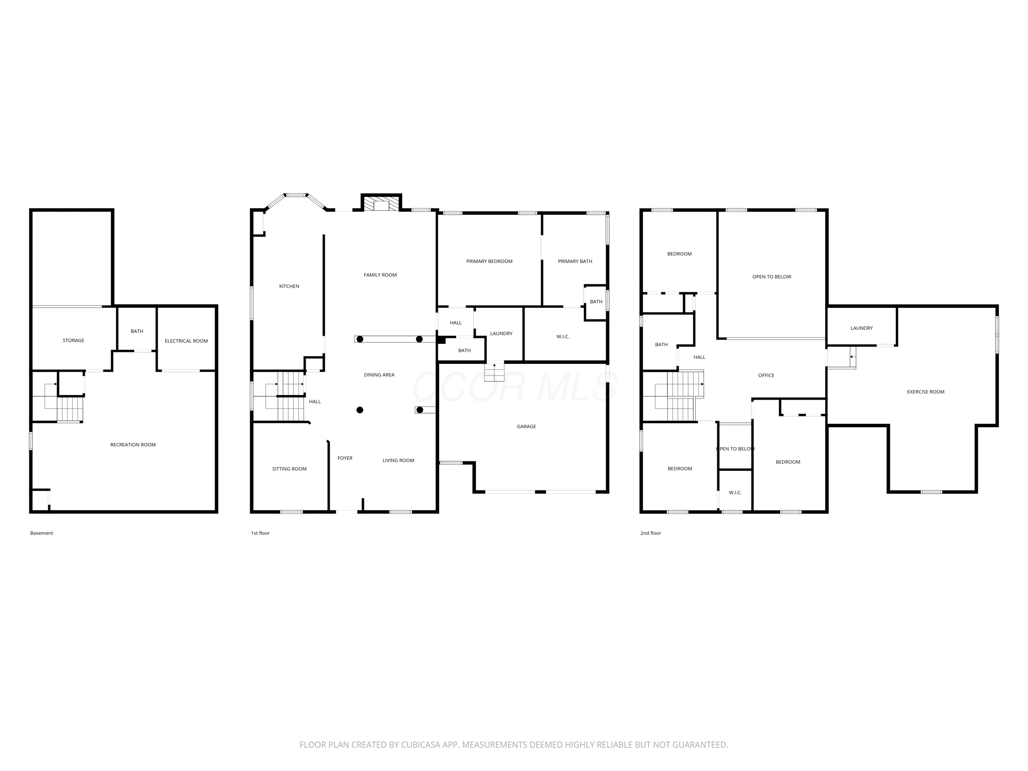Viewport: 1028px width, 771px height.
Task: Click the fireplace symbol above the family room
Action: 381,204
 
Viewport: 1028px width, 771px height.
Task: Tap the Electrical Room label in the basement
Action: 186,341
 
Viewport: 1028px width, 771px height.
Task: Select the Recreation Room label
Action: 133,445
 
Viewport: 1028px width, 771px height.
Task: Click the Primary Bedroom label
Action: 489,261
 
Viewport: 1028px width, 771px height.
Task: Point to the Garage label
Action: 527,427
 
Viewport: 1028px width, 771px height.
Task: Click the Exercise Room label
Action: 926,392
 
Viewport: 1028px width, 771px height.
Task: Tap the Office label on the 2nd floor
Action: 766,375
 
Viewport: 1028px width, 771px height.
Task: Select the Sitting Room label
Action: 289,469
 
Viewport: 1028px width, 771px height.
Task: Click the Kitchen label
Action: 289,286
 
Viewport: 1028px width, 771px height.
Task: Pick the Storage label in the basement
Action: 73,340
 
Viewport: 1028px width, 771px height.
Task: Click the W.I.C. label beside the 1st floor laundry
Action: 563,337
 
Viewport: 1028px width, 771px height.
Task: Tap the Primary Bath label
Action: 575,261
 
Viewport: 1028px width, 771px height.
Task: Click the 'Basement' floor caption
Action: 42,533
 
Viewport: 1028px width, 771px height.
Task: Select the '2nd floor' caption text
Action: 651,533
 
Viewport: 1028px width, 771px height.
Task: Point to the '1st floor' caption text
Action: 261,533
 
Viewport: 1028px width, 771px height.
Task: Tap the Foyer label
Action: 345,458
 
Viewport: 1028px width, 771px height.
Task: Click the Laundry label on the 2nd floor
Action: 861,328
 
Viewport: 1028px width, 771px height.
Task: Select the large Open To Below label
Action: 772,277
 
